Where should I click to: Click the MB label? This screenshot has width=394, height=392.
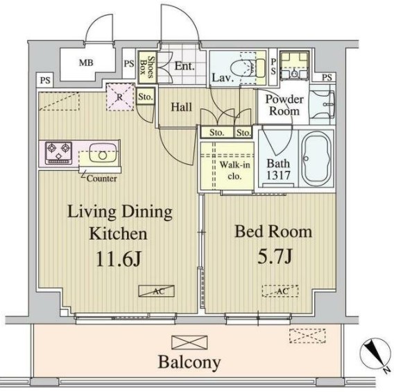[86, 63]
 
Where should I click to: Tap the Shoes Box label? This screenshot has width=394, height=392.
[147, 66]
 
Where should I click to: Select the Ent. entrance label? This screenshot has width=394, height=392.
[185, 66]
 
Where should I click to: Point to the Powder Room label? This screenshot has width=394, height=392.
[284, 105]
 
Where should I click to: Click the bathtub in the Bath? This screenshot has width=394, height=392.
[316, 158]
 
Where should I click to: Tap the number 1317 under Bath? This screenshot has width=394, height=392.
[278, 175]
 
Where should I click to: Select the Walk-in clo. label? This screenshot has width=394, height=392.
[234, 170]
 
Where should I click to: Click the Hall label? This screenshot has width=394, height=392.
[182, 107]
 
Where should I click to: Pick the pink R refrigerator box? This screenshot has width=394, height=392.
[120, 97]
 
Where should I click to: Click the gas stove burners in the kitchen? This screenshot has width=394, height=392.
[58, 153]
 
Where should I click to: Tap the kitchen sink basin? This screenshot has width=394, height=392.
[103, 153]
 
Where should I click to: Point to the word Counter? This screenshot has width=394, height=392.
[102, 179]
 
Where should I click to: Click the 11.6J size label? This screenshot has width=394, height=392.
[119, 259]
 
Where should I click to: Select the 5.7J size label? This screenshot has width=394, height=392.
[275, 256]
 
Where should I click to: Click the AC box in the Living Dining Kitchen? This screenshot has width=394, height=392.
[157, 291]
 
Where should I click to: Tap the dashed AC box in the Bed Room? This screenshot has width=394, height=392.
[280, 291]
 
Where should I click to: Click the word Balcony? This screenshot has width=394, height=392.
[189, 363]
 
